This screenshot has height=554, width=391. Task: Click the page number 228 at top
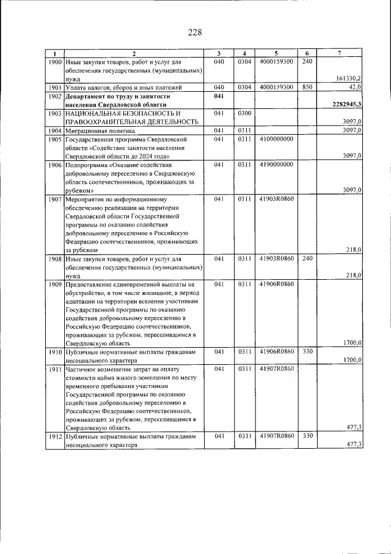coord(195,32)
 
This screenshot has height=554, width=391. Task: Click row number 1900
coord(54,62)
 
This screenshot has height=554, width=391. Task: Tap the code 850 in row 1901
coord(307,88)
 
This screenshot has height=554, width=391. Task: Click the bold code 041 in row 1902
coord(221,96)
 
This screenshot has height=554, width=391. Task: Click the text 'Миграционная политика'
coord(100,131)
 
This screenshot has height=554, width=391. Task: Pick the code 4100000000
coord(276,140)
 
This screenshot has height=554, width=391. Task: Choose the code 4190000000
coord(276,165)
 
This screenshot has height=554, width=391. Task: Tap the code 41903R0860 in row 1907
coord(276,199)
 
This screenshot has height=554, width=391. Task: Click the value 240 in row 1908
coord(307,258)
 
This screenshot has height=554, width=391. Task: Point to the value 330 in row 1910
coord(307,351)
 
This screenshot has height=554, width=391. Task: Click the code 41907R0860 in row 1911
coord(276,369)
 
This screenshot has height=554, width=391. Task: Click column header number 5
coord(276,54)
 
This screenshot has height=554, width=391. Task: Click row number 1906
coord(54,165)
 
